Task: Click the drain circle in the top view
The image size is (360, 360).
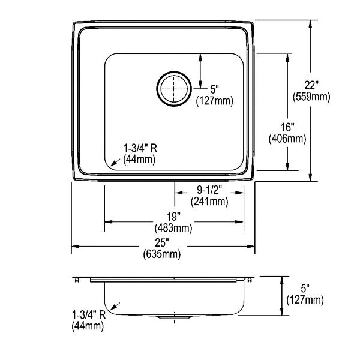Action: (x=174, y=71)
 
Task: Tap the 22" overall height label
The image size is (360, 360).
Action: (x=311, y=85)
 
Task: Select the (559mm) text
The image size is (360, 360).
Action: (x=311, y=97)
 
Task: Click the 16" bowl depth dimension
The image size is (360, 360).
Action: (x=287, y=128)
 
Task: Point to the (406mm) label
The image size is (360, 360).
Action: (x=287, y=139)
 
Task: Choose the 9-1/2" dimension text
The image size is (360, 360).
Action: (x=209, y=190)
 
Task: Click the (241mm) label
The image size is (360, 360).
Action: (x=209, y=202)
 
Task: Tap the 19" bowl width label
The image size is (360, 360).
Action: (x=173, y=217)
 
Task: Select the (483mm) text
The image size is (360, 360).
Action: (x=173, y=228)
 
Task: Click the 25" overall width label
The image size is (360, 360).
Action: (x=162, y=242)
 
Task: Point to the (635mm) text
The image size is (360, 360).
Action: (x=162, y=254)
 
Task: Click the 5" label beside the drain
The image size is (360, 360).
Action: (x=214, y=89)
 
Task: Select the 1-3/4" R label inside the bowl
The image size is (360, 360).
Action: (x=140, y=149)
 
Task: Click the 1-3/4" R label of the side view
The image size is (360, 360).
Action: (x=89, y=315)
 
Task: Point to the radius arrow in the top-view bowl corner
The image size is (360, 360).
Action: (x=115, y=163)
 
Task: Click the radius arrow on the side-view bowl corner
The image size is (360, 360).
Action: (x=115, y=306)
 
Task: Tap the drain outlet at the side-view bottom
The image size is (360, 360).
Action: (x=175, y=317)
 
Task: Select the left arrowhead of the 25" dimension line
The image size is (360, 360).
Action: (x=76, y=247)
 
